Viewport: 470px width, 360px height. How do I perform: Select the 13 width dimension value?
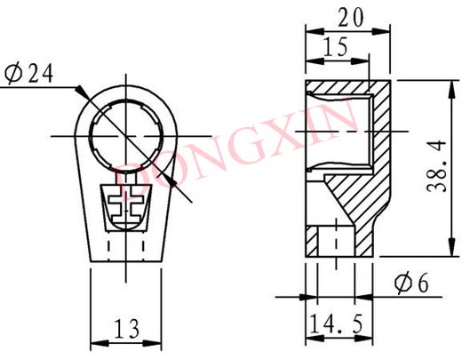point(126,329)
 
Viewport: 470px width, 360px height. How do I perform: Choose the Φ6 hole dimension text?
point(410,284)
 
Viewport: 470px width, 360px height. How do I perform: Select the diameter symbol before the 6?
point(399,284)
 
